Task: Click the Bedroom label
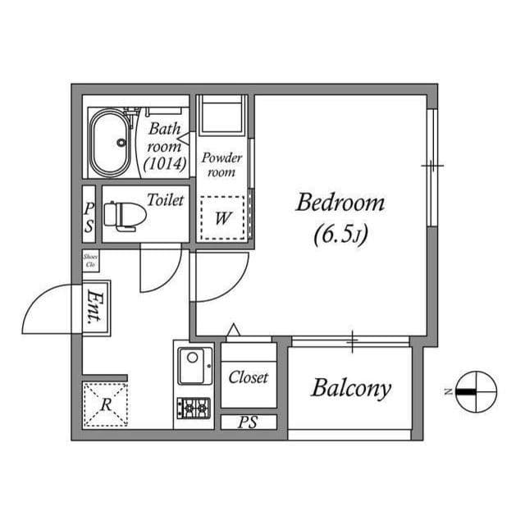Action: (x=340, y=203)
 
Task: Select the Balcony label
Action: (x=350, y=388)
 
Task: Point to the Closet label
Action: (x=249, y=378)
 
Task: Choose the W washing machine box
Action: (x=222, y=218)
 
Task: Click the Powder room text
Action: (x=221, y=164)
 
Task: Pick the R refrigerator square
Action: (x=106, y=404)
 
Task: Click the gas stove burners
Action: (x=195, y=407)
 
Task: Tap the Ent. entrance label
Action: (x=97, y=309)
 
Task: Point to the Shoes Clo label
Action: (x=90, y=262)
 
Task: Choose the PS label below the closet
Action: (x=248, y=423)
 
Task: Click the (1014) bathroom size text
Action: (x=167, y=163)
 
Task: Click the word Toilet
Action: (x=165, y=199)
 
